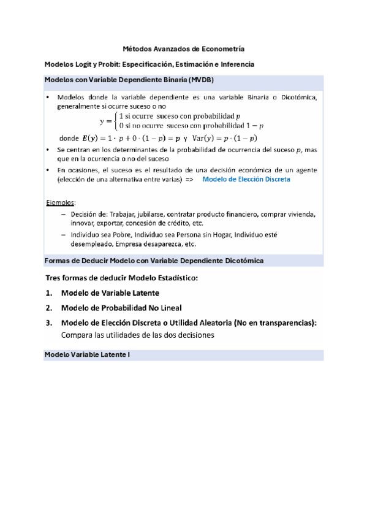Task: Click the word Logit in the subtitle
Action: [x=90, y=64]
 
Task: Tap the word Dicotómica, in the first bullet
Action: [x=298, y=97]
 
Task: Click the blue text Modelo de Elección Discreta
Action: [x=246, y=180]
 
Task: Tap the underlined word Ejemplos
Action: [x=61, y=202]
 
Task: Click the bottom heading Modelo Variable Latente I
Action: [x=88, y=355]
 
